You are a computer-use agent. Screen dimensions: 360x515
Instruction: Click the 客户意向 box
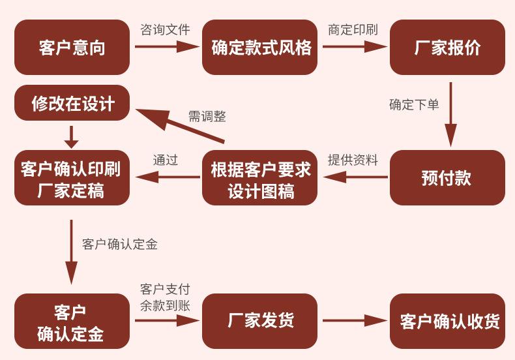pos(72,47)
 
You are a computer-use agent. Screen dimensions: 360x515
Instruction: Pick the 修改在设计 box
pos(72,103)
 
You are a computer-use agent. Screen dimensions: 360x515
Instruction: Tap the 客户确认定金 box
pos(72,321)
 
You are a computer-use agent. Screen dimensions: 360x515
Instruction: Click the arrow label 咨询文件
pos(165,29)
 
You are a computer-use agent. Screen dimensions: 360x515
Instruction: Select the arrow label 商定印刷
pos(353,29)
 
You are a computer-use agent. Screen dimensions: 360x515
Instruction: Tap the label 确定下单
pos(414,104)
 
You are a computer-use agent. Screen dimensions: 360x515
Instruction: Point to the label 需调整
pos(207,116)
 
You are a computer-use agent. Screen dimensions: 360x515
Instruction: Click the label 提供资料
pos(353,160)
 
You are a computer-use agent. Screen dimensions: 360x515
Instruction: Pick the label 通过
pos(166,160)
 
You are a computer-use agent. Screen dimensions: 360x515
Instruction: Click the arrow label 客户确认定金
pos(120,244)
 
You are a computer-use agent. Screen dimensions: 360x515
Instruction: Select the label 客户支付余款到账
pos(165,297)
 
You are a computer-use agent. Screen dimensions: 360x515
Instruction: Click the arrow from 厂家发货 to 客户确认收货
pos(354,321)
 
